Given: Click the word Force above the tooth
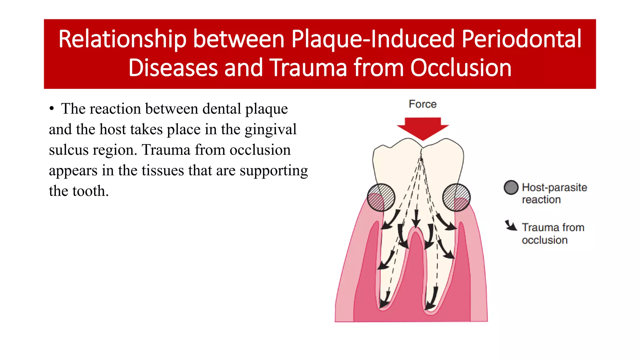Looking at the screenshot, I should (422, 104).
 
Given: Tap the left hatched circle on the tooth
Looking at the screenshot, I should (381, 197).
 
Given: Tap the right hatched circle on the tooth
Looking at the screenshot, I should (456, 197).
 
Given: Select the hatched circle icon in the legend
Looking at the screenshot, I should (511, 187).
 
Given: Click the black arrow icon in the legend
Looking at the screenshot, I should (511, 225).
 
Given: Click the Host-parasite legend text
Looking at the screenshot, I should (554, 187).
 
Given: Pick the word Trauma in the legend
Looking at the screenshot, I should (537, 227).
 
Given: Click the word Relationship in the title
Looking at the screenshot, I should (122, 39).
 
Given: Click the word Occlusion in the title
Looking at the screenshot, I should (461, 68).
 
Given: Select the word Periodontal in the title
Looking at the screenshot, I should (521, 39).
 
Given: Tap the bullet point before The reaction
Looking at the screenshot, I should (52, 109).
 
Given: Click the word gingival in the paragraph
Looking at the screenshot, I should (270, 129).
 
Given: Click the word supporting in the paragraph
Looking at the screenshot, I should (273, 171).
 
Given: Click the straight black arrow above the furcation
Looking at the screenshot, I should (416, 218).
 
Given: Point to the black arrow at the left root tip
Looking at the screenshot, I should (384, 300).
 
